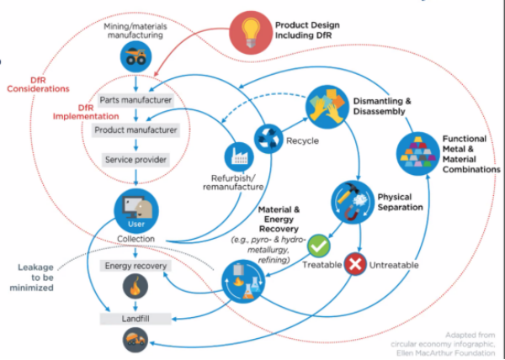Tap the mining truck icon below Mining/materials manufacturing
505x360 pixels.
coord(134,56)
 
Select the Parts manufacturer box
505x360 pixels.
coord(136,100)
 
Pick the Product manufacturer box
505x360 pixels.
coord(136,130)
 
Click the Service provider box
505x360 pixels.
coord(136,159)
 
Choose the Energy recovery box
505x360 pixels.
coord(136,266)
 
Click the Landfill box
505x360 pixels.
coord(136,318)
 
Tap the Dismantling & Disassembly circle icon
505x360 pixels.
coord(327,105)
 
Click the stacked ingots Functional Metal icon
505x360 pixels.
coord(418,152)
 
